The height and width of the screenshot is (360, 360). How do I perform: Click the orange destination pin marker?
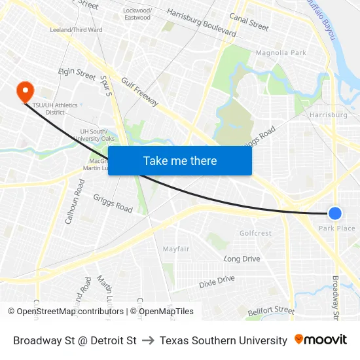pos(25,92)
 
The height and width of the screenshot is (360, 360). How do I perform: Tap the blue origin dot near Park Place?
pos(334,213)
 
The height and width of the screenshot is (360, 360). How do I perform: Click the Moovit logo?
pos(320,340)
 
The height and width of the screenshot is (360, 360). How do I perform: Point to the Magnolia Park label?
pos(281,52)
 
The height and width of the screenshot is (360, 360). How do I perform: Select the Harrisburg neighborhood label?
pos(328,115)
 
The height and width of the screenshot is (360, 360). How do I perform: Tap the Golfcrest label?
pos(255,233)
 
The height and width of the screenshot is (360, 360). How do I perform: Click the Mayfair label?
pos(176,249)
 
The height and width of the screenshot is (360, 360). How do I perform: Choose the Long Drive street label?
pos(242,259)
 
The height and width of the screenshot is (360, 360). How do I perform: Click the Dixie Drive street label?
pos(217,282)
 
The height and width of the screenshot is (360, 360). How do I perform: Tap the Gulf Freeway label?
pos(139,91)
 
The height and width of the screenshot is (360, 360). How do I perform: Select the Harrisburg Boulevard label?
pos(202,22)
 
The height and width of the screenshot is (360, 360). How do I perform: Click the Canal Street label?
pos(249,23)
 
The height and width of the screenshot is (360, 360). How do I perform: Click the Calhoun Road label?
pos(74,203)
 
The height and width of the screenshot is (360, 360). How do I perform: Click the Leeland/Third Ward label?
pos(76,29)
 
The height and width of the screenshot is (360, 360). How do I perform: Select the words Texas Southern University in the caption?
pos(223,340)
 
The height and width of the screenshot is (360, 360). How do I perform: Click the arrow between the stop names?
pos(148,340)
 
